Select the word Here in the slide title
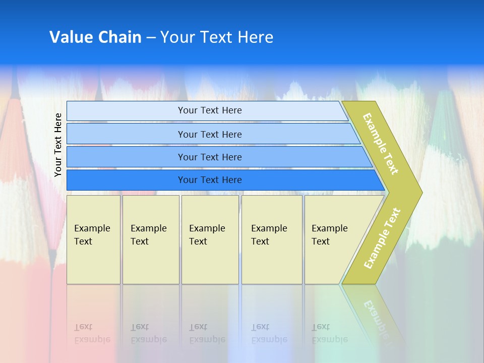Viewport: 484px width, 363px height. click(x=256, y=37)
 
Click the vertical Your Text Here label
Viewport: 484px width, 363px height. click(x=58, y=145)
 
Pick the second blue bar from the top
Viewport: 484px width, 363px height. click(x=210, y=134)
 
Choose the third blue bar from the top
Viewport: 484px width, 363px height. click(x=210, y=157)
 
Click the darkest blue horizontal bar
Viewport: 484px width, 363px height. click(x=210, y=180)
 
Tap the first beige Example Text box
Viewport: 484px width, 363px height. click(x=93, y=239)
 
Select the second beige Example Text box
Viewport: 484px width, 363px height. click(x=150, y=239)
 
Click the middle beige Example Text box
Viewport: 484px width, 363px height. click(x=210, y=239)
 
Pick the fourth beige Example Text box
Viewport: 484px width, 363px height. click(x=272, y=239)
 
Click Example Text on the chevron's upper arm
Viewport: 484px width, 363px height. click(x=381, y=144)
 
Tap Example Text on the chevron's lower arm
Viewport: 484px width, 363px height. click(x=382, y=238)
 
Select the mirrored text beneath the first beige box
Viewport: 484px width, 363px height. click(x=92, y=333)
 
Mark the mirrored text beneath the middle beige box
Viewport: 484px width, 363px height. click(x=207, y=333)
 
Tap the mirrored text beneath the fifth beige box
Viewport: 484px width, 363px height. click(x=329, y=333)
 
